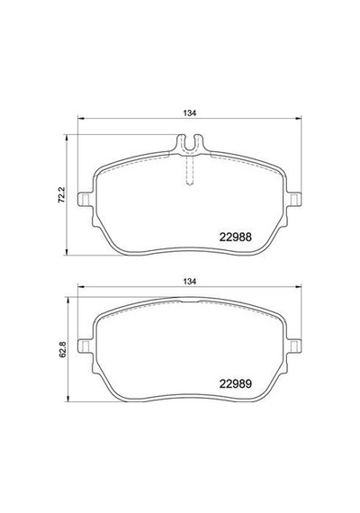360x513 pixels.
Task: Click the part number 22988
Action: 235,237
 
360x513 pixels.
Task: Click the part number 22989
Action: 235,383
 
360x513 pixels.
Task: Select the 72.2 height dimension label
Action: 62,195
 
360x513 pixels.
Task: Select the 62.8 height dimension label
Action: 62,349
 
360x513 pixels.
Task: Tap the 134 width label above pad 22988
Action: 190,113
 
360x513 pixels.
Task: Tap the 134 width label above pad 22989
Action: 190,281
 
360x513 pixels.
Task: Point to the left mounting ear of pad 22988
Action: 85,199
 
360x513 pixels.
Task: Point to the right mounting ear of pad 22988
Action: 294,199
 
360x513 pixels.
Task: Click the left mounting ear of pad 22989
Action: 85,346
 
